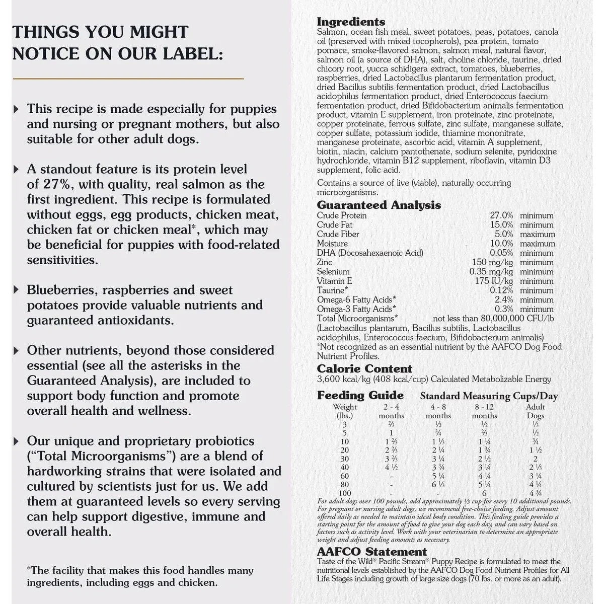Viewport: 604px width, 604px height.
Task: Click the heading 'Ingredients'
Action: point(351,22)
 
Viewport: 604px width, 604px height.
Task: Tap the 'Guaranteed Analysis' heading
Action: point(379,205)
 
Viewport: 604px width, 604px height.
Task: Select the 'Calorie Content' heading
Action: point(364,368)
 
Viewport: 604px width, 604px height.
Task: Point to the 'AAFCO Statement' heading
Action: point(371,552)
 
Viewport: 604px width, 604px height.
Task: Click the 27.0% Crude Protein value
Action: point(501,215)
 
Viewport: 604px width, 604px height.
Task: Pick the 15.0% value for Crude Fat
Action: point(501,225)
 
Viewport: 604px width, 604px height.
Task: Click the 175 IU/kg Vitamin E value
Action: point(494,281)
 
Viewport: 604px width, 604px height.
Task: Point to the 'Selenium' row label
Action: point(333,272)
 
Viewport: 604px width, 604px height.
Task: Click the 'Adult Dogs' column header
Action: point(535,411)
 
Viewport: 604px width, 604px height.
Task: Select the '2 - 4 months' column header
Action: point(391,411)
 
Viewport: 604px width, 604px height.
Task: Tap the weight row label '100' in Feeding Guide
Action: point(345,493)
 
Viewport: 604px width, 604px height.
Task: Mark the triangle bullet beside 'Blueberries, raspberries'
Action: point(17,290)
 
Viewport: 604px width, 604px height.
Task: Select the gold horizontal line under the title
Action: point(128,79)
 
